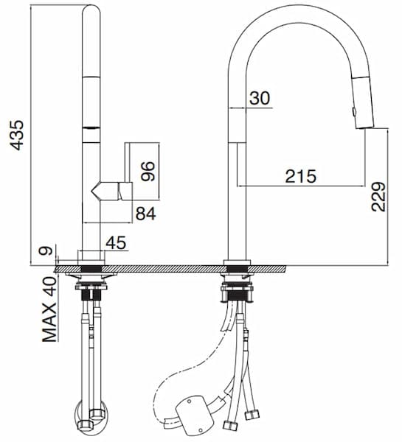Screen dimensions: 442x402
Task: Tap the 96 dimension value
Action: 148,171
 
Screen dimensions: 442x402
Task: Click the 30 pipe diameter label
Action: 260,98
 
